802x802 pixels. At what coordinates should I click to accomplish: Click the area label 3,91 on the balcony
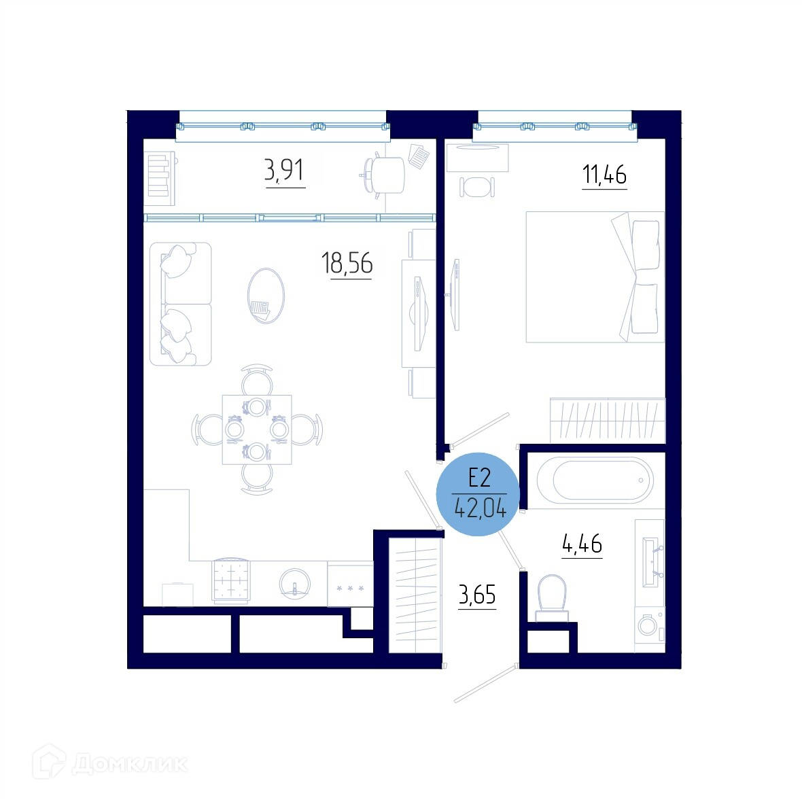pos(284,171)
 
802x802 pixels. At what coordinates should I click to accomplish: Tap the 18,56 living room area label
pos(347,264)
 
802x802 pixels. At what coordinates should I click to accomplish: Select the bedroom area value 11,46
pos(605,175)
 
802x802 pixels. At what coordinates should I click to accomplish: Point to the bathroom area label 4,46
pos(582,543)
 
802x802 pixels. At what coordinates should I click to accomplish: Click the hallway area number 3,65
pos(477,595)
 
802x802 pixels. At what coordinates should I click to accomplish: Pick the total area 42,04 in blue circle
pos(481,508)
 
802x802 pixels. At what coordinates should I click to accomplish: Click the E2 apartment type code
pos(480,478)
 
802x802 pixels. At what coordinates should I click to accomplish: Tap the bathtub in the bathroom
pos(595,481)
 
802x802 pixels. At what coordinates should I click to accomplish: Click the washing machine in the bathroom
pos(650,625)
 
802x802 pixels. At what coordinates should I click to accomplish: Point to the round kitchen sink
pos(295,584)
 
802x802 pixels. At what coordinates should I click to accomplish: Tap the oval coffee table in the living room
pos(266,296)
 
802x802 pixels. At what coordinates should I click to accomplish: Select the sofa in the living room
pos(181,304)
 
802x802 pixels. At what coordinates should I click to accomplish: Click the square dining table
pos(257,430)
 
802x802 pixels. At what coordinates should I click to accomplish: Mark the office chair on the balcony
pos(383,175)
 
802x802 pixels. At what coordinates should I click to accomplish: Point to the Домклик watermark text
pos(130,764)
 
